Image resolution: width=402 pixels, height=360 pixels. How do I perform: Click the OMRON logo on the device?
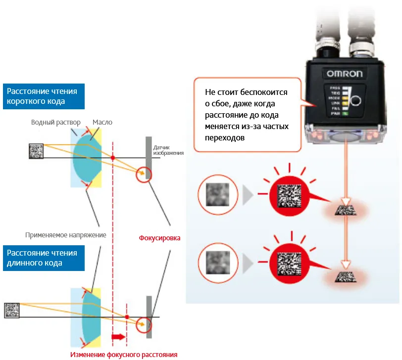click(345, 74)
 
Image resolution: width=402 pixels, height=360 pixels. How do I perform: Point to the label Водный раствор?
click(55, 122)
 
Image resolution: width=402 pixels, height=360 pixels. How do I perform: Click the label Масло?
click(102, 122)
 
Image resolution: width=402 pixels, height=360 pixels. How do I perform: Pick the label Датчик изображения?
click(168, 150)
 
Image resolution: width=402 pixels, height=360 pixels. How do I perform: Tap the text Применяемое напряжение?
click(66, 235)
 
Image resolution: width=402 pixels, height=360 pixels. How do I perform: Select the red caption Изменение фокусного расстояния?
click(123, 354)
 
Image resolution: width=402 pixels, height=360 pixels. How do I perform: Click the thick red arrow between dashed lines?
click(119, 337)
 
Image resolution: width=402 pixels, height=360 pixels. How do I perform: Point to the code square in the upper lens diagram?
click(36, 150)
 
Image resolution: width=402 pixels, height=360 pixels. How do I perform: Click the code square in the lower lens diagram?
click(12, 310)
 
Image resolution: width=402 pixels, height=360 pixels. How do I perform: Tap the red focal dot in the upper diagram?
click(113, 158)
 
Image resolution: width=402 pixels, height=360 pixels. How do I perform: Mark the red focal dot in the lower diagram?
click(127, 316)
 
